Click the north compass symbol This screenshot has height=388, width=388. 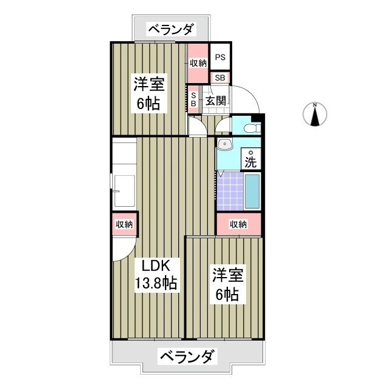click(x=315, y=114)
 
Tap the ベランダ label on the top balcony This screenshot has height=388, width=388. click(x=171, y=28)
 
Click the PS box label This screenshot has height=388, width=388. click(x=220, y=59)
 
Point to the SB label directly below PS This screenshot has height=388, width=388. click(x=220, y=78)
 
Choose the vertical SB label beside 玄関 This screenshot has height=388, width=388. click(x=193, y=99)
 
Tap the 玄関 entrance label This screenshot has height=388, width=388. click(x=215, y=100)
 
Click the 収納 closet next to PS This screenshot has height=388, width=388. click(x=198, y=63)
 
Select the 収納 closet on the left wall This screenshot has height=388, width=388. click(x=124, y=224)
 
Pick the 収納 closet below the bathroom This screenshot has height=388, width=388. click(x=239, y=224)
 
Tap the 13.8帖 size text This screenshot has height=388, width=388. click(x=156, y=283)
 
